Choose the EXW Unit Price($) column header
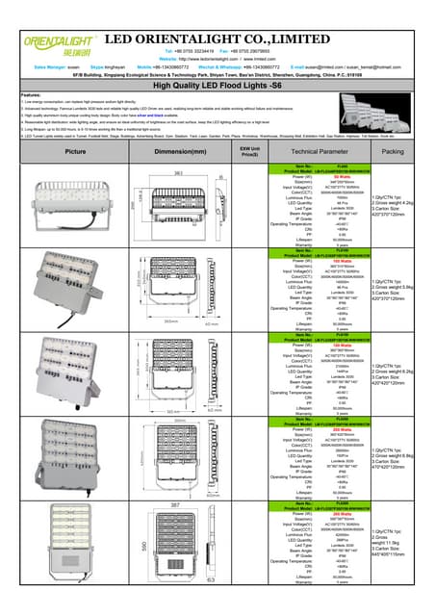click(249, 152)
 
